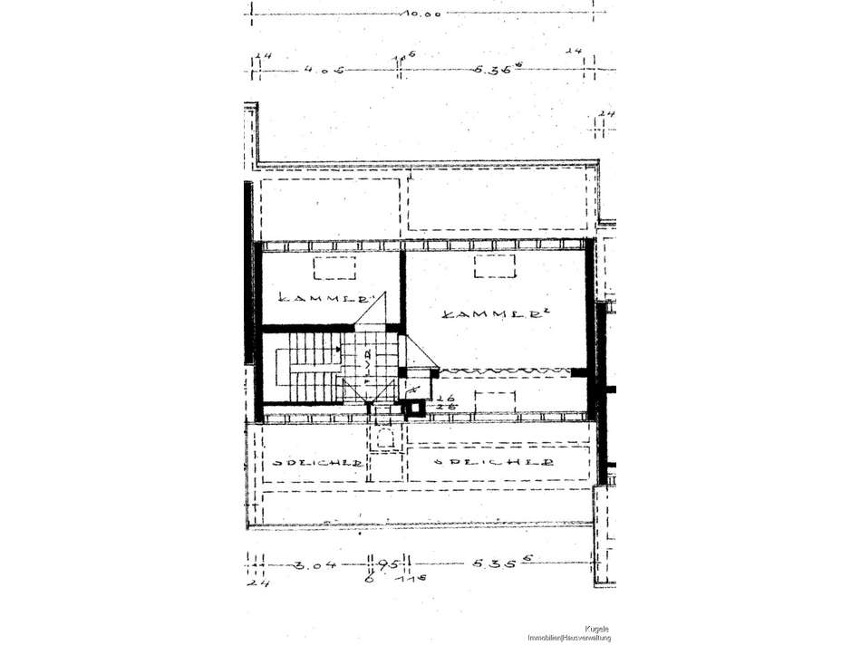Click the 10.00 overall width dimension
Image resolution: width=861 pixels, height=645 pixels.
[424, 14]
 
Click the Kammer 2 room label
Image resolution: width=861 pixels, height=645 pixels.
[485, 313]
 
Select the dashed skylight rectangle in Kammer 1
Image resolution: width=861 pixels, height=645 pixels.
[335, 267]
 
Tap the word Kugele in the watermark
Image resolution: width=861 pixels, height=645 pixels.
[597, 628]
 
